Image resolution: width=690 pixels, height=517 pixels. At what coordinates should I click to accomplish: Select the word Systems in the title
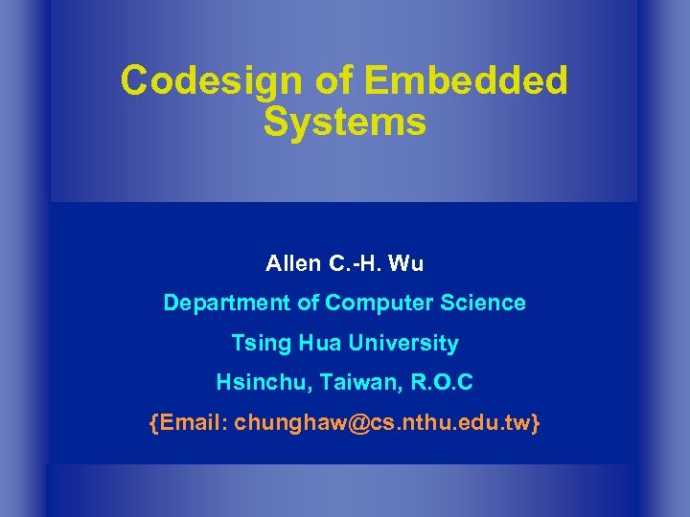click(344, 123)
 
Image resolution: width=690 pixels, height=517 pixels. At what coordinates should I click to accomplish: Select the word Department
click(220, 303)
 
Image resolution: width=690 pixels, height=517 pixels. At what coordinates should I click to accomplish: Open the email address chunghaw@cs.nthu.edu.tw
click(383, 422)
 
